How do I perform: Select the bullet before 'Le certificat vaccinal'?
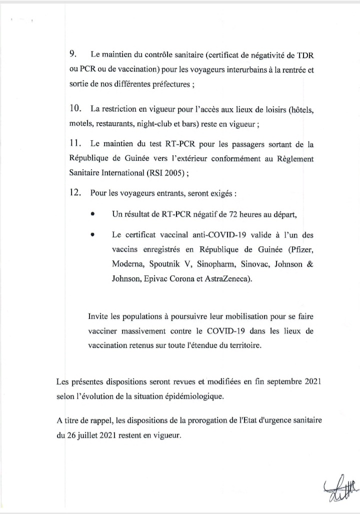point(93,234)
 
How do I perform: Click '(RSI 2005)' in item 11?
point(166,174)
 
